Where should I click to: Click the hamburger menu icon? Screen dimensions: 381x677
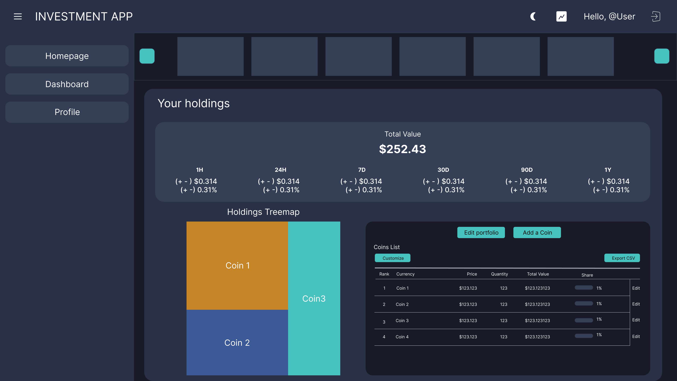click(18, 17)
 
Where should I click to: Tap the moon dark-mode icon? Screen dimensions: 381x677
click(533, 17)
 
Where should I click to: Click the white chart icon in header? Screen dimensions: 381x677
click(561, 17)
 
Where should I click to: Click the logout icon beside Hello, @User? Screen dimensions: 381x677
click(655, 17)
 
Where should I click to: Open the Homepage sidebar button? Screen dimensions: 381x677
click(67, 56)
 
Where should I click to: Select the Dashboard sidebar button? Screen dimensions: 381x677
click(67, 84)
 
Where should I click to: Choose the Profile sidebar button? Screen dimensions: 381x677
click(67, 112)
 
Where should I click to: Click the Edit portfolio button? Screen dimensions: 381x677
click(481, 232)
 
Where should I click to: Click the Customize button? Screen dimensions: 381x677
click(393, 258)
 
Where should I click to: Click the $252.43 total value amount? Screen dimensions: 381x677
click(402, 149)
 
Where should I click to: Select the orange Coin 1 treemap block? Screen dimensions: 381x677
click(237, 265)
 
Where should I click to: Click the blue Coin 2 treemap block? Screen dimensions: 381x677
click(237, 342)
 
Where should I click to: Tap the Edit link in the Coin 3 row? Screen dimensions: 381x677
click(636, 320)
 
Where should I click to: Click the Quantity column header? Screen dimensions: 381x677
click(499, 274)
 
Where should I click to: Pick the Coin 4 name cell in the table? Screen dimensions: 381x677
click(402, 337)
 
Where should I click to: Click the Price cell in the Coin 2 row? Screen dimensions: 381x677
click(468, 304)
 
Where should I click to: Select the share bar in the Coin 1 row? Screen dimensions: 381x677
click(584, 288)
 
